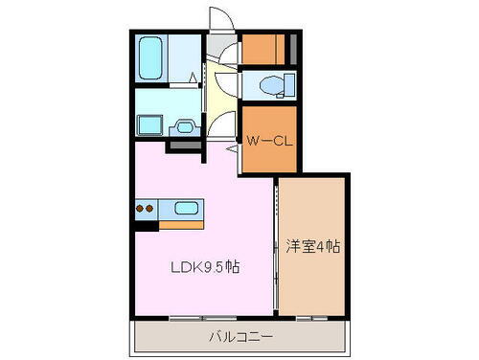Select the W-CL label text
[x=268, y=141]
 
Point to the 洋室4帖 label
[x=313, y=246]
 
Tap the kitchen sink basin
[x=185, y=208]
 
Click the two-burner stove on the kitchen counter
[x=147, y=208]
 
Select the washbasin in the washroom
[x=186, y=124]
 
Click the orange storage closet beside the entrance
[x=263, y=48]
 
